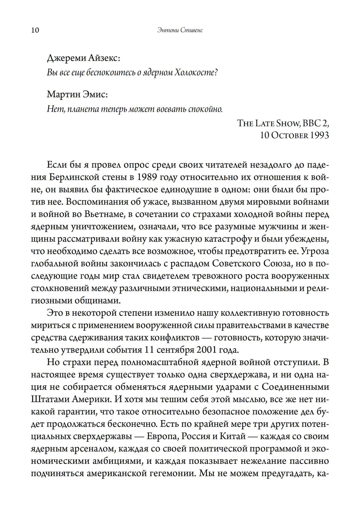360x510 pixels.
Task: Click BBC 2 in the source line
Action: click(316, 123)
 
